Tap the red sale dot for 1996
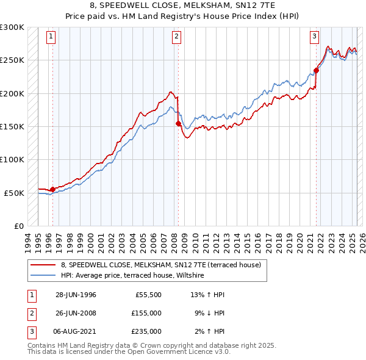coord(52,189)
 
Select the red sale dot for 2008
coord(178,123)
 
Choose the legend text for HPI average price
coord(132,275)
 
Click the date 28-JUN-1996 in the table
coord(76,295)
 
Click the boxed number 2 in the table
coord(30,313)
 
